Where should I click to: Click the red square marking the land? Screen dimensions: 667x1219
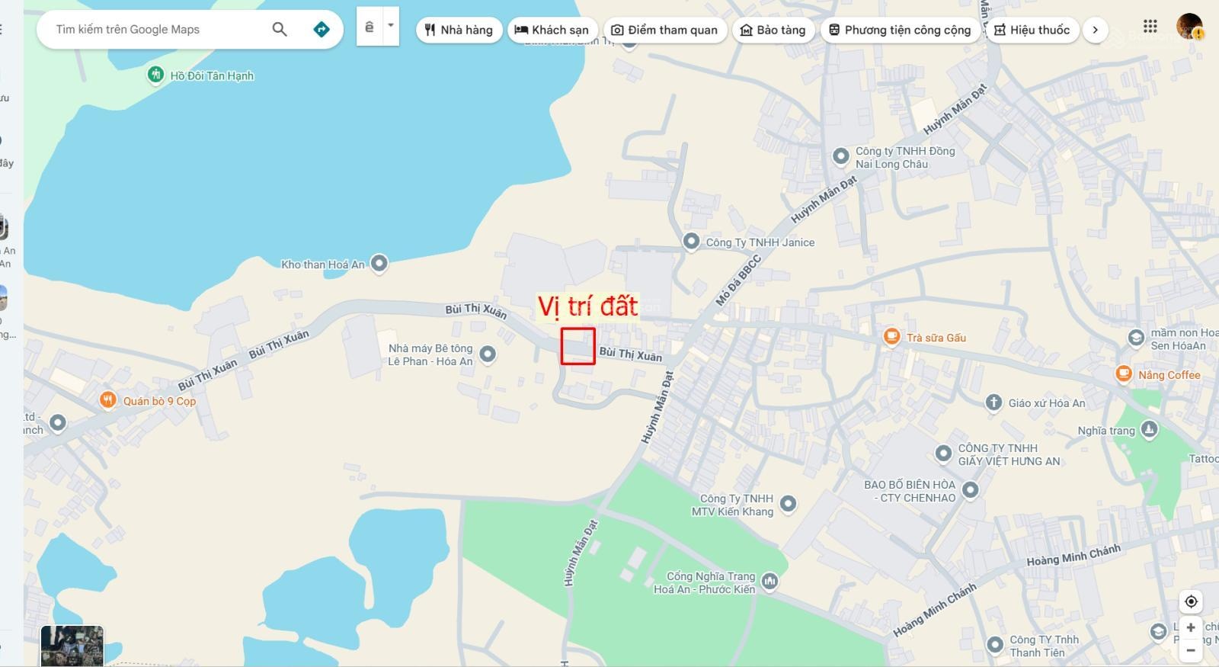coord(578,346)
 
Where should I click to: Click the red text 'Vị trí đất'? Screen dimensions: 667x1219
coord(587,306)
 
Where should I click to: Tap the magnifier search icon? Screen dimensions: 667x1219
coord(280,30)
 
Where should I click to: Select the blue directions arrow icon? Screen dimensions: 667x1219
coord(322,30)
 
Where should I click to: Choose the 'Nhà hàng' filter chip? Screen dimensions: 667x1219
coord(459,30)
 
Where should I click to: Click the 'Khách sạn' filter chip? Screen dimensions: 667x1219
coord(552,30)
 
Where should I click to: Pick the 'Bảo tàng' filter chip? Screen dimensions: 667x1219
coord(773,30)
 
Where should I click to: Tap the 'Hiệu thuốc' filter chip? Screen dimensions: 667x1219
coord(1032,30)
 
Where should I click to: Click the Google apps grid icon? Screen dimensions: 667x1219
coord(1150,27)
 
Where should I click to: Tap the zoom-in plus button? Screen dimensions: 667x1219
coord(1191,627)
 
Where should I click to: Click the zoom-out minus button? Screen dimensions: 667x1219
coord(1191,650)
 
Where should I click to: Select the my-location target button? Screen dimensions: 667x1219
coord(1191,601)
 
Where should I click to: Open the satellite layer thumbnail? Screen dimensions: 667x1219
coord(72,646)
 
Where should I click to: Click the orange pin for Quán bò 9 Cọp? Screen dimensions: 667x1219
coord(108,400)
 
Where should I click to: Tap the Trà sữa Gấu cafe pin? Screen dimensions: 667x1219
coord(891,337)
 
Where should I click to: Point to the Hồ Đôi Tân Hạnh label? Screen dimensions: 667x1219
coord(211,75)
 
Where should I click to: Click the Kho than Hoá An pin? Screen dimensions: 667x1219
coord(379,264)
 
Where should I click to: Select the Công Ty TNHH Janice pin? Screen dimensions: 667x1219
coord(691,242)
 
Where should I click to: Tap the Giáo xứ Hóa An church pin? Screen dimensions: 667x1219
coord(993,402)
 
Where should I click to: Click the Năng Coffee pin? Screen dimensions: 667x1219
coord(1123,374)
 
